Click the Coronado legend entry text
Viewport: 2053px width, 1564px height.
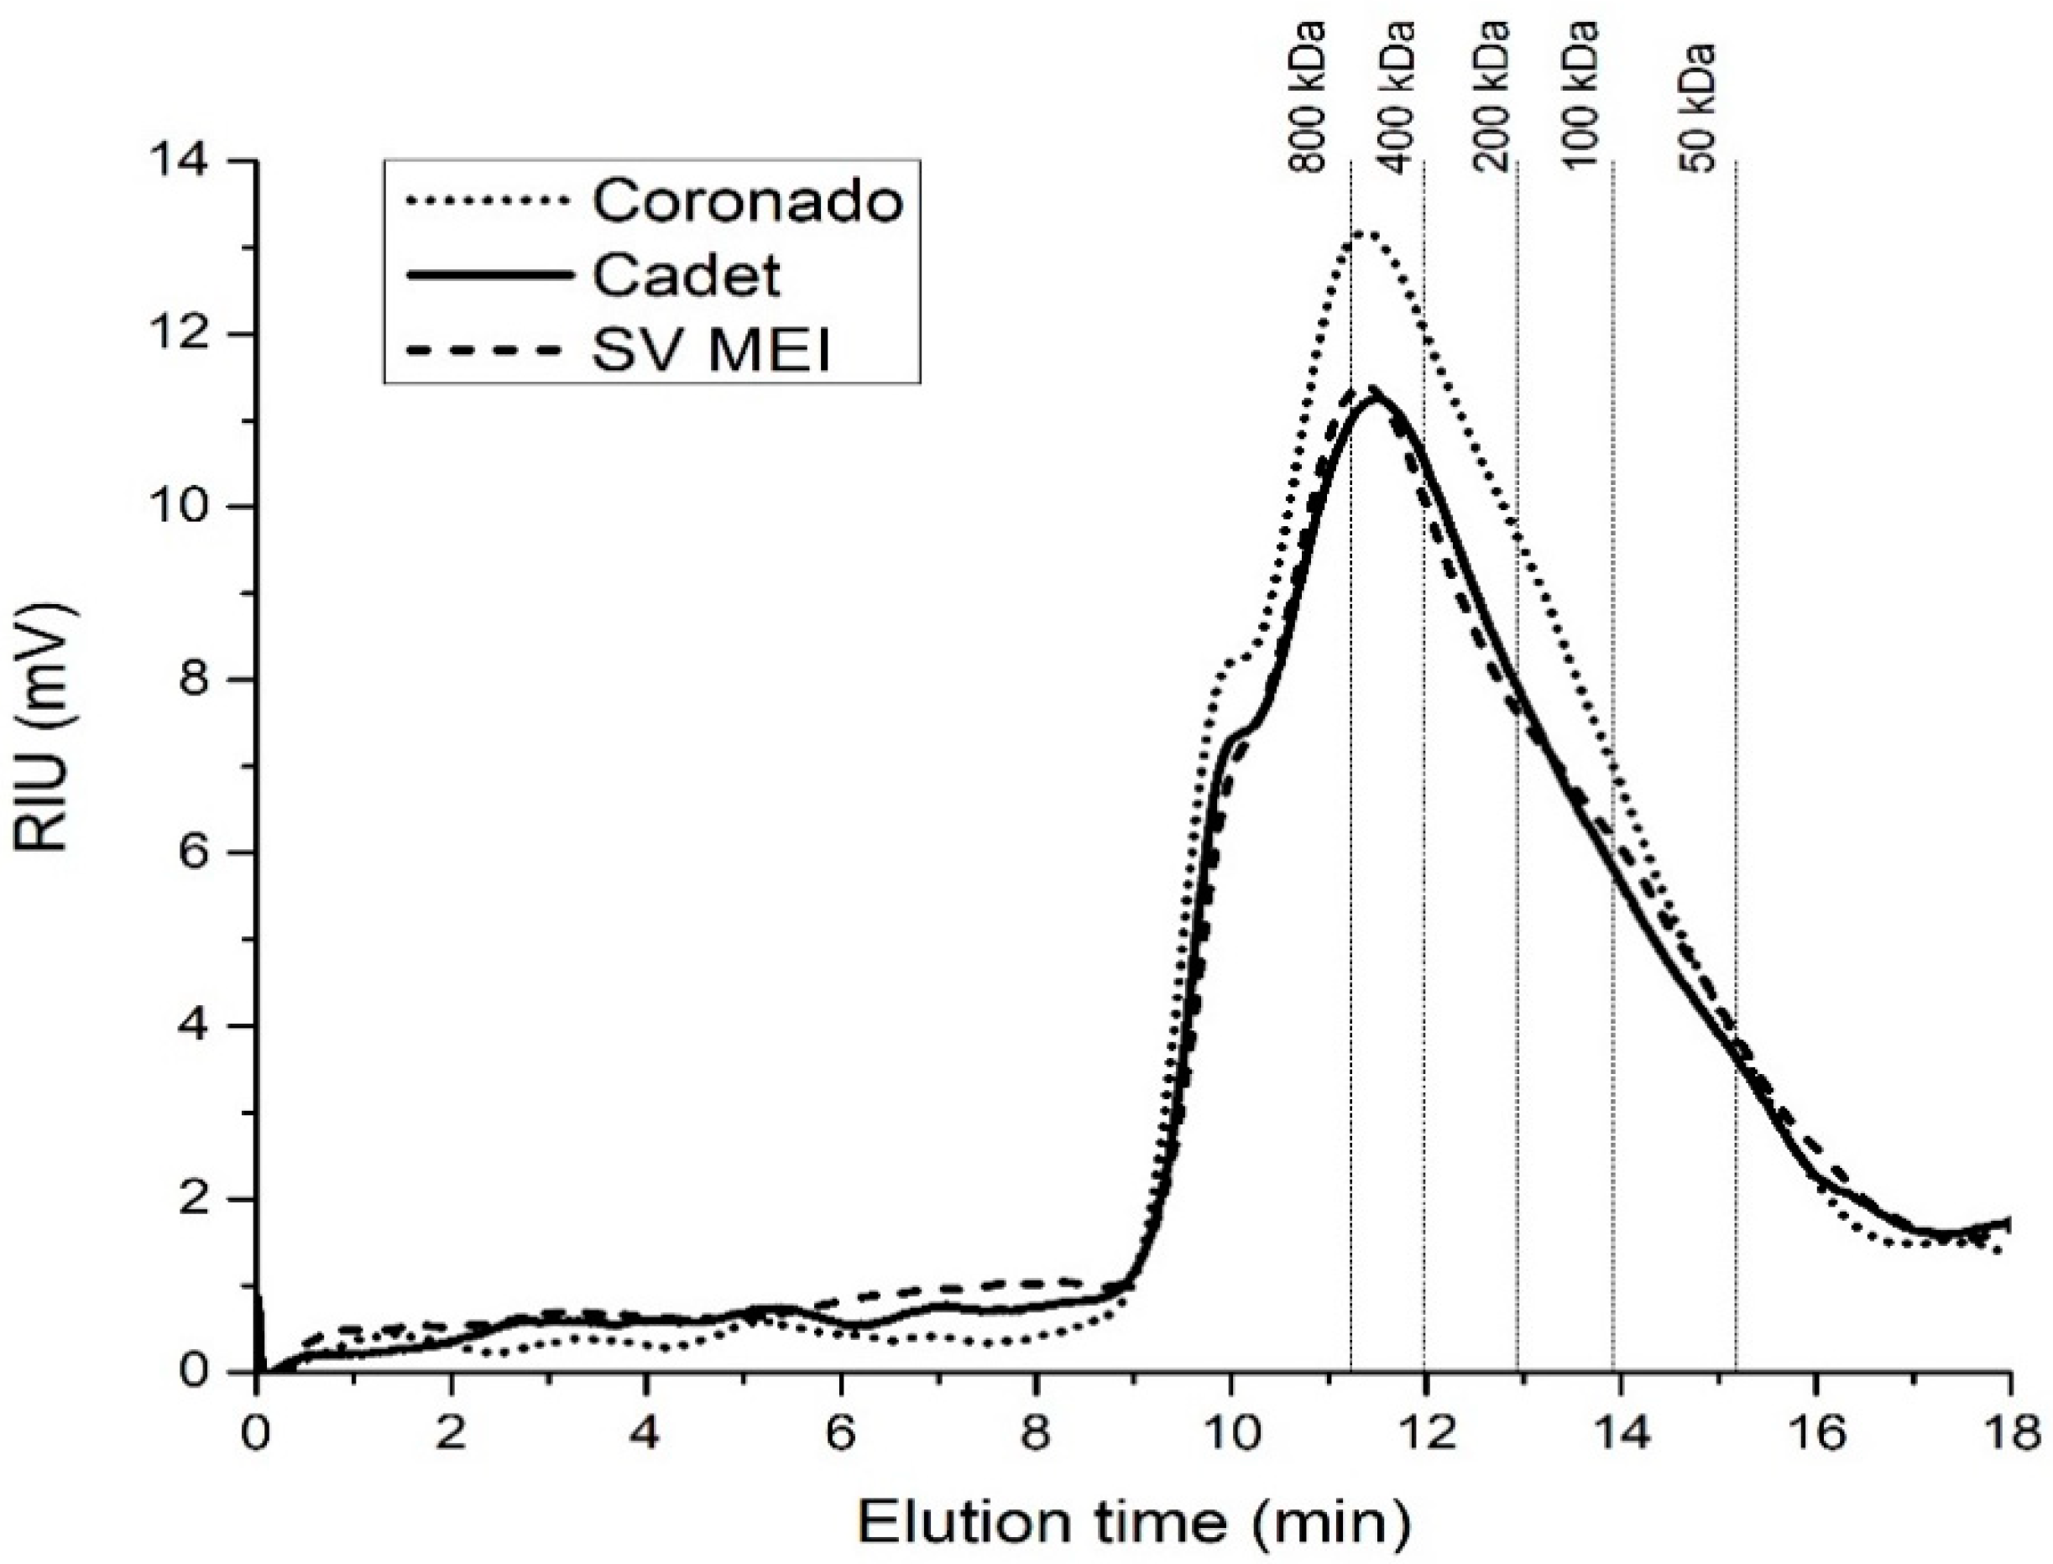click(x=748, y=201)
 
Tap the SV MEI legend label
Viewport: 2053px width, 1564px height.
click(x=713, y=352)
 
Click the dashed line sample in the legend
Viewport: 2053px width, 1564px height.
click(x=488, y=351)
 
